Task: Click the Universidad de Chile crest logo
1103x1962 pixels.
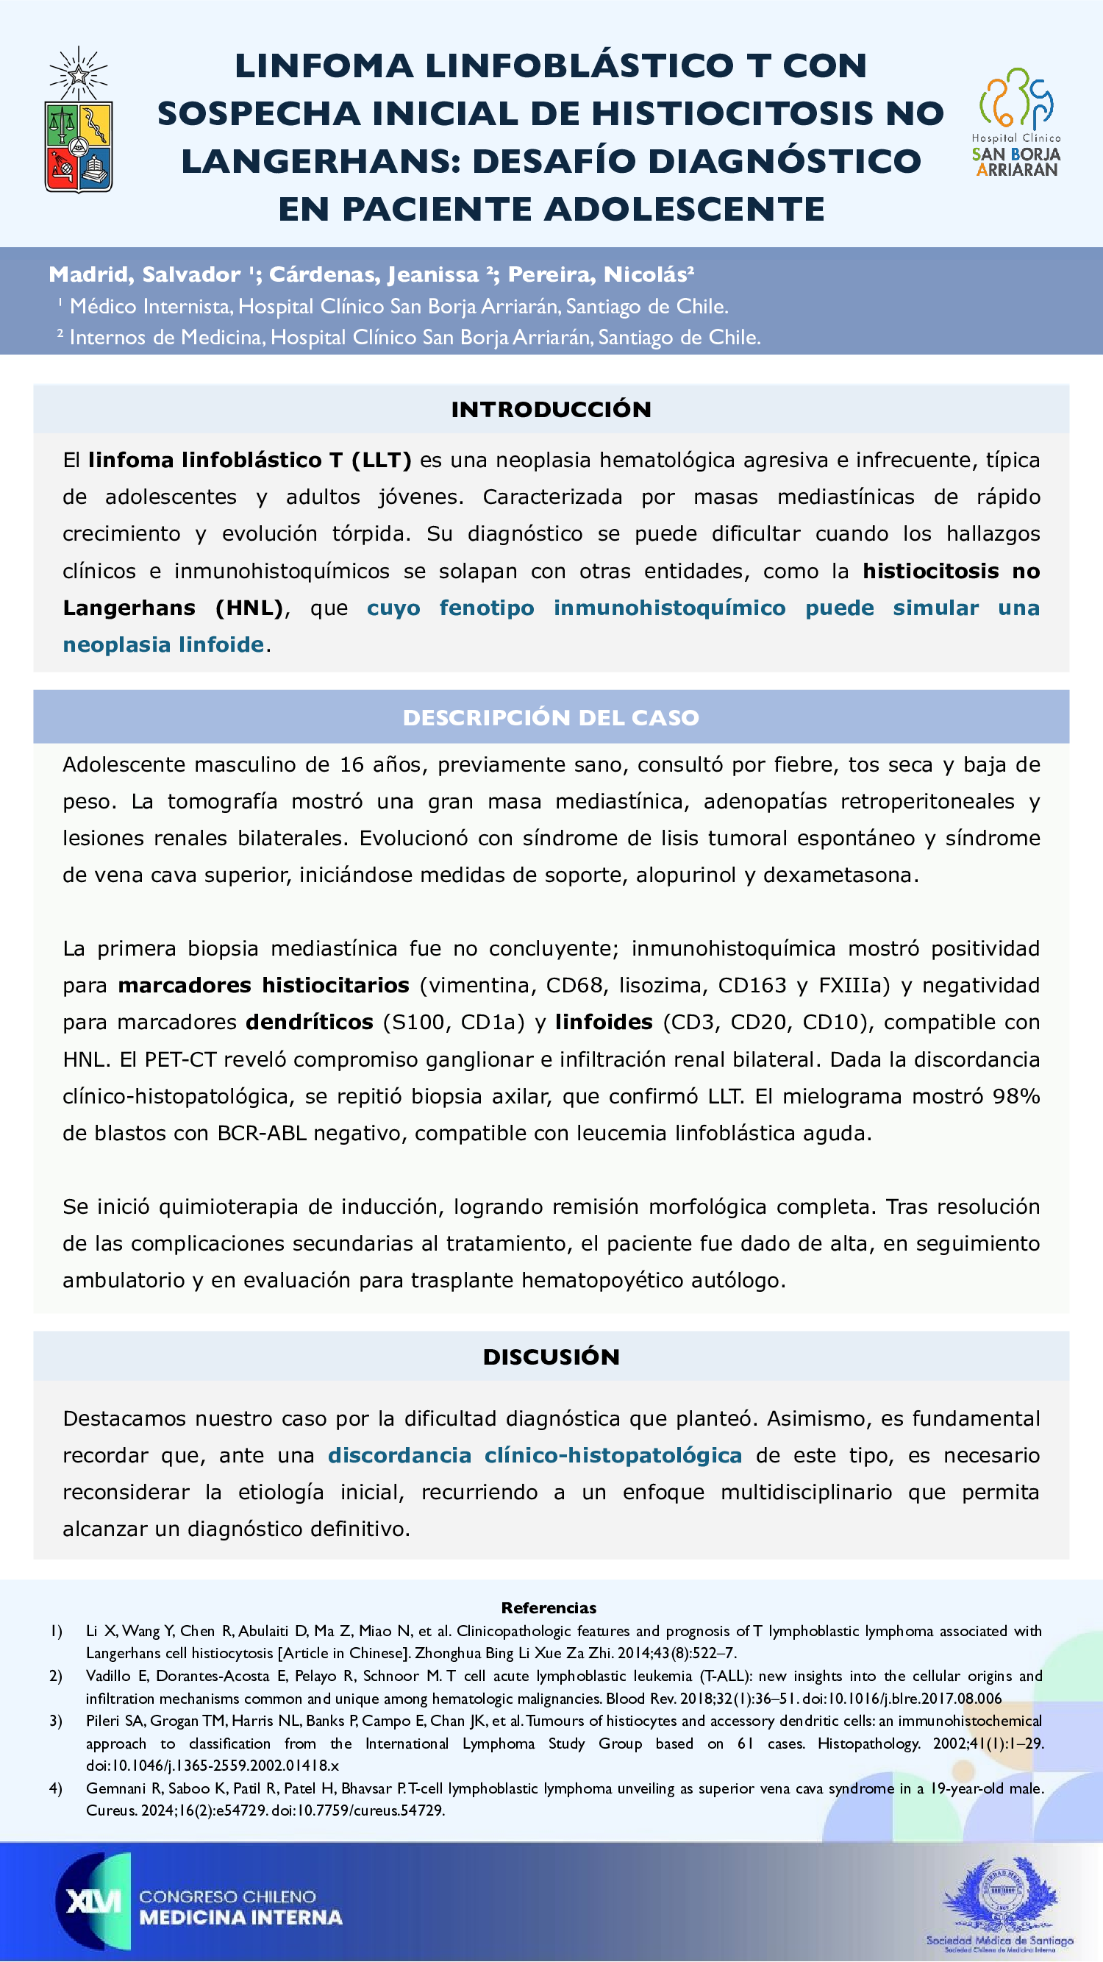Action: pos(79,122)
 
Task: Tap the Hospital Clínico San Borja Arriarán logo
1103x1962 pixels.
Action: pos(1016,122)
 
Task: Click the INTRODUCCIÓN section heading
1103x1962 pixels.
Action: pos(551,410)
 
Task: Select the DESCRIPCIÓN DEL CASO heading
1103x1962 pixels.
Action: pos(551,717)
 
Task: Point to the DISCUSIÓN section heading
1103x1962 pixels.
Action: pos(551,1357)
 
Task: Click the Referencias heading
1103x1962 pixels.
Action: pos(549,1608)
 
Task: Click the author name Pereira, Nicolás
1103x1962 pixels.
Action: pos(599,274)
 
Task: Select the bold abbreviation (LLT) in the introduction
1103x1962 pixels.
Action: pos(382,460)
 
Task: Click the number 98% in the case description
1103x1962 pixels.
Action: pos(1016,1096)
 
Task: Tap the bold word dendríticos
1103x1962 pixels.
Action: pos(310,1022)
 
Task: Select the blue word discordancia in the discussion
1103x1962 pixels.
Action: pos(399,1456)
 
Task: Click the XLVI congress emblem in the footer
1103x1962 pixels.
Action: pos(93,1902)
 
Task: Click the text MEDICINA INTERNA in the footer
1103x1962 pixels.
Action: pos(240,1917)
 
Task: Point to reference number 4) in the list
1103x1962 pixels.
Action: pos(56,1788)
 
